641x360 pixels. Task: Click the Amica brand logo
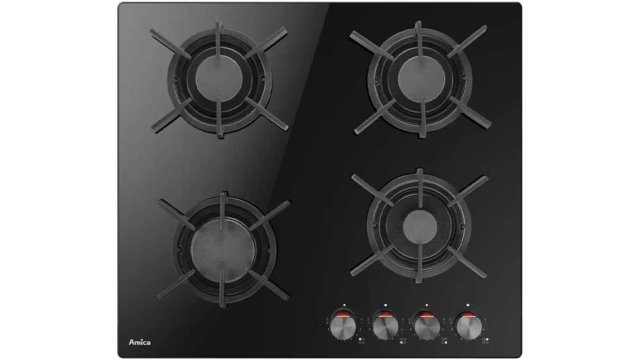tap(140, 342)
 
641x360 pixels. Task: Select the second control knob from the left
tap(385, 327)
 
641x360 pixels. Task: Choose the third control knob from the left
tap(427, 327)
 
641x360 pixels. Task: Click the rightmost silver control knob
tap(468, 327)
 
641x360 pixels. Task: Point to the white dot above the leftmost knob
tap(345, 305)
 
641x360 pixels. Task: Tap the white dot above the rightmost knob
tap(468, 305)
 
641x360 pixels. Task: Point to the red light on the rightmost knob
tap(468, 315)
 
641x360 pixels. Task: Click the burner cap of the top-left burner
tap(219, 78)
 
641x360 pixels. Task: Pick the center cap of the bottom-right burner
tap(420, 226)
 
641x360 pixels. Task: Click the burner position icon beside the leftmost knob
tap(362, 341)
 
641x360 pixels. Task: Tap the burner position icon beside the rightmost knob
tap(485, 341)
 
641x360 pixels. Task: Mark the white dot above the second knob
tap(385, 305)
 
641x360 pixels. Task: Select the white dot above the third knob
tap(427, 305)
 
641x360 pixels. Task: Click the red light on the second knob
tap(385, 315)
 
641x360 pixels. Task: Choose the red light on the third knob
tap(426, 315)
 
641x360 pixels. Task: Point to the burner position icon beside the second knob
tap(403, 341)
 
